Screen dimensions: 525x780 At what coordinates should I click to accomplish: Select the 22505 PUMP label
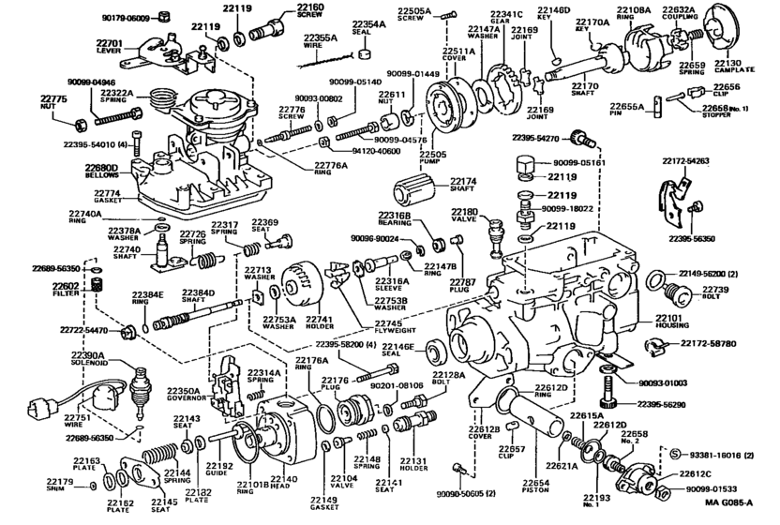tap(432, 158)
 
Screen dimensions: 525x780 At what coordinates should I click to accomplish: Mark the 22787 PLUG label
tap(459, 286)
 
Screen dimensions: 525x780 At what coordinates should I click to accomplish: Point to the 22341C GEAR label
tap(506, 20)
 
